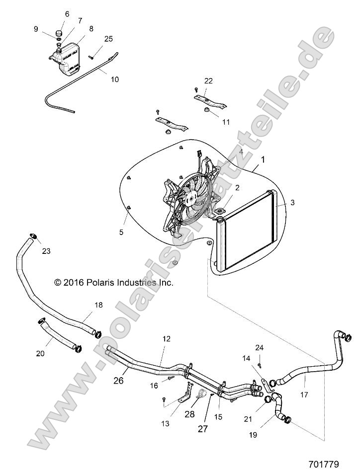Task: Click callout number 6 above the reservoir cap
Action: tap(67, 14)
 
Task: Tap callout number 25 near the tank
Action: tap(109, 38)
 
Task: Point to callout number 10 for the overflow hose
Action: tap(114, 79)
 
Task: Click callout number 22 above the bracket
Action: tap(209, 80)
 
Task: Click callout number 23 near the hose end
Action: tap(46, 251)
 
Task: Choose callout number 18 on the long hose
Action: tap(98, 305)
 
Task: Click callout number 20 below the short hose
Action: tap(40, 353)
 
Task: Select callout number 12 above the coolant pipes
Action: tap(166, 338)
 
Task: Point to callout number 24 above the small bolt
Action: tap(259, 347)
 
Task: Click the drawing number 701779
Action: tap(323, 464)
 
